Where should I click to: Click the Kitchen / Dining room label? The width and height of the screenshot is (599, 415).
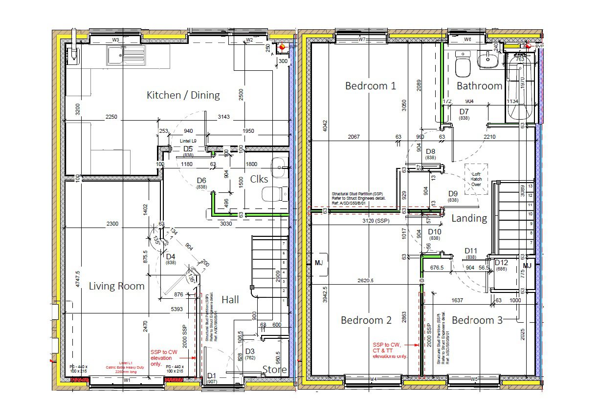click(x=183, y=95)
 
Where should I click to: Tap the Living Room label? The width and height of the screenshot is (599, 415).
click(x=116, y=286)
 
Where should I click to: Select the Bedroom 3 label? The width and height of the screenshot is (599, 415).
click(x=477, y=320)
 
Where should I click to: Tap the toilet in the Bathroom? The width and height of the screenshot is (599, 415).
click(x=463, y=65)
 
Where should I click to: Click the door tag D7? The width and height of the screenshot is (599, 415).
click(x=464, y=112)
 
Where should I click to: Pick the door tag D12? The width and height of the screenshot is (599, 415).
click(x=501, y=263)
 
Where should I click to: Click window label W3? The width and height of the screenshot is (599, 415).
click(x=116, y=40)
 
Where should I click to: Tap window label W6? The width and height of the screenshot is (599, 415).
click(x=467, y=40)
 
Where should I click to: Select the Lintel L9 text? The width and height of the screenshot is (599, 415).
click(x=188, y=141)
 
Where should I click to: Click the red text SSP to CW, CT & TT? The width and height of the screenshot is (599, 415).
click(x=390, y=350)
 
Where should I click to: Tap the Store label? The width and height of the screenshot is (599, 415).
click(x=274, y=369)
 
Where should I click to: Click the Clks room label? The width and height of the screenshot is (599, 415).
click(x=259, y=179)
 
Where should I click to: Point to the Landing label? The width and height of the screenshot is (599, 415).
click(x=469, y=218)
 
